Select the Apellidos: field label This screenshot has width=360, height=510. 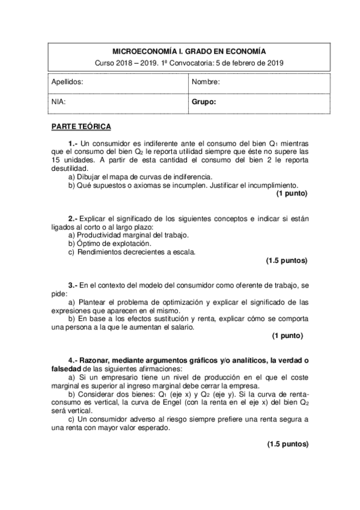[x=67, y=81]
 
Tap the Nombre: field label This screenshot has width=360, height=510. [x=206, y=81]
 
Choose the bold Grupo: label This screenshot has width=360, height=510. [x=204, y=102]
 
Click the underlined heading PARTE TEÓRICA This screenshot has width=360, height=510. [x=81, y=127]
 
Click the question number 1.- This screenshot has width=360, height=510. [x=73, y=144]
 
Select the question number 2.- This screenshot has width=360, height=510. [x=73, y=218]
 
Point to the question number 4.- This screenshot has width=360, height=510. [x=73, y=360]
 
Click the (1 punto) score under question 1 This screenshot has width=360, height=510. [x=292, y=194]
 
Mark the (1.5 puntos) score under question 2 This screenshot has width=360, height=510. [x=287, y=260]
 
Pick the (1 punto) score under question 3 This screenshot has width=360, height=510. [x=287, y=335]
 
